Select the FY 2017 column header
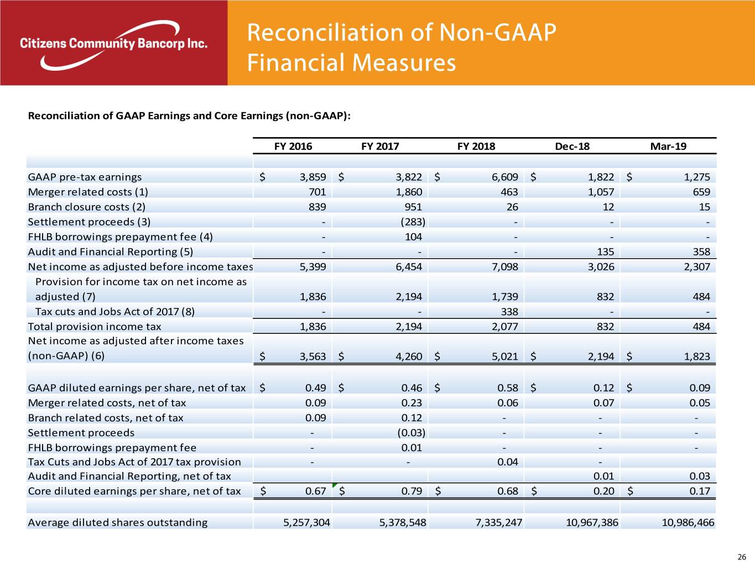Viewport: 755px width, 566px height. (x=380, y=146)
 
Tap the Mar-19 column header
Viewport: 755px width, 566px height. (x=668, y=146)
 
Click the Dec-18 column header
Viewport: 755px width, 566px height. (x=572, y=146)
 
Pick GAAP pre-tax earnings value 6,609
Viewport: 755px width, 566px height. (x=504, y=177)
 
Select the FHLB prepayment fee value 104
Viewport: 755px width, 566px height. (x=413, y=237)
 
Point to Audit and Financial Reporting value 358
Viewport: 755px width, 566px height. (x=701, y=251)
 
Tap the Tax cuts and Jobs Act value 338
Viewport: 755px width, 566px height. (x=509, y=311)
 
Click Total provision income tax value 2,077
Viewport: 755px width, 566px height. (x=504, y=326)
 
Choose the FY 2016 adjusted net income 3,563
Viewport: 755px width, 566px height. (x=313, y=357)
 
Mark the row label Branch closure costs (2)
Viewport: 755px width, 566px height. (x=87, y=207)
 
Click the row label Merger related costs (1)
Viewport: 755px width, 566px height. (x=88, y=192)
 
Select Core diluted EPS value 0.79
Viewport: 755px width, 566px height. (x=412, y=491)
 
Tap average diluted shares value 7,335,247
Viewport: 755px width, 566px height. (x=498, y=522)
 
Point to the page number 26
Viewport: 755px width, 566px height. (x=742, y=557)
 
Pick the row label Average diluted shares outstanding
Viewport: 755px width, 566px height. (x=118, y=522)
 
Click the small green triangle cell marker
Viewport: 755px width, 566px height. (x=334, y=485)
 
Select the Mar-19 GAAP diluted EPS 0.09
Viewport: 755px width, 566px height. (x=700, y=387)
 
